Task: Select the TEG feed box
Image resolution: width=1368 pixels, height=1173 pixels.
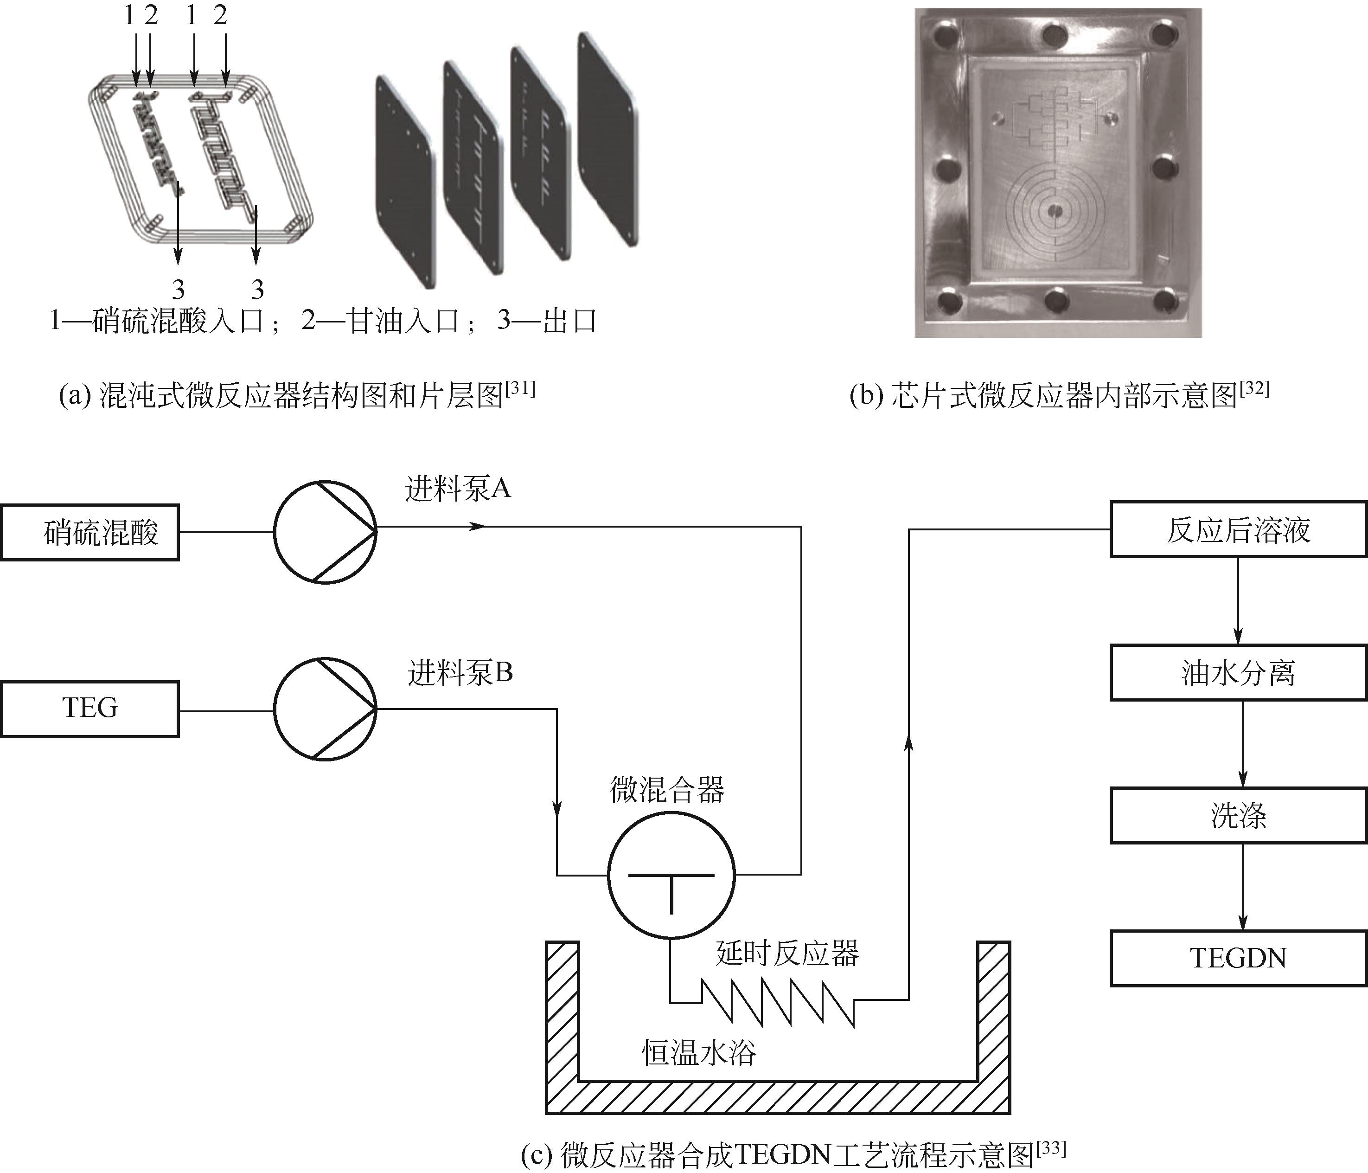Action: tap(90, 709)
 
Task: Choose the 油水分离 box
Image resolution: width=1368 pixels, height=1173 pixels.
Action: tap(1238, 672)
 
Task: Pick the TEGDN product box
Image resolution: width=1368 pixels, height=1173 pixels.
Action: tap(1238, 958)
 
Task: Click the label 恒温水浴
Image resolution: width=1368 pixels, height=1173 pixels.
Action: tap(698, 1053)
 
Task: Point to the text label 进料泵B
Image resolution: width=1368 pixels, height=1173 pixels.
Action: tap(460, 673)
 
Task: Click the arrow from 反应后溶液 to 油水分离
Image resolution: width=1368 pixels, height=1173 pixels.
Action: tap(1238, 601)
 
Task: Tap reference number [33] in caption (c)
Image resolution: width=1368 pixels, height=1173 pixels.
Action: tap(1051, 1148)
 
